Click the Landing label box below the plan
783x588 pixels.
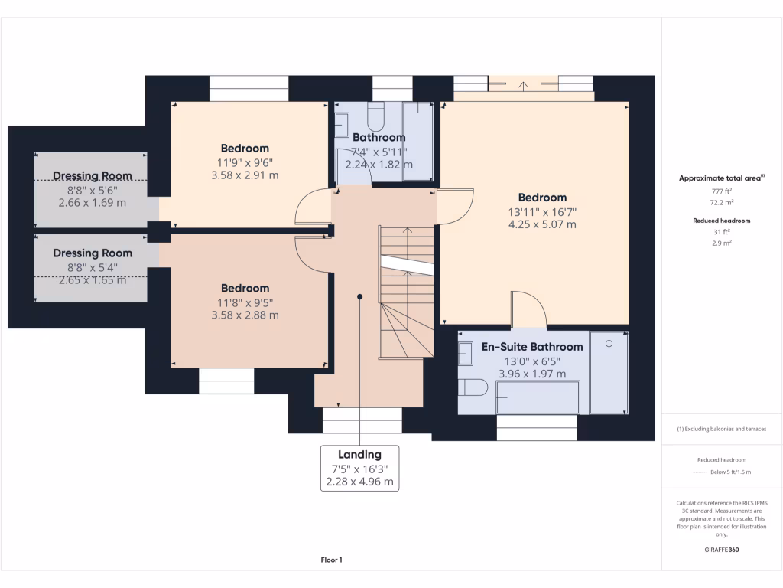tap(359, 467)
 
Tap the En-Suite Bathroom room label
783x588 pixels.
tap(531, 347)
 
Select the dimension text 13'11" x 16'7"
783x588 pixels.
tap(542, 211)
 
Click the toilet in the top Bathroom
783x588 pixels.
tap(376, 117)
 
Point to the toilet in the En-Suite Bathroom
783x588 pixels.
tap(473, 387)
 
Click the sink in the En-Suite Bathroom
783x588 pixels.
tap(466, 354)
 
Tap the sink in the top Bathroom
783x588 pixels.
tap(342, 125)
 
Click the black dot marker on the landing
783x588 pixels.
tap(359, 296)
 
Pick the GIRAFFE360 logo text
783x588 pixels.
tap(722, 550)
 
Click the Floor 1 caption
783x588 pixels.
tap(331, 560)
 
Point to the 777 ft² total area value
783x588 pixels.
tap(722, 190)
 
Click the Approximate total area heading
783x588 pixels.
tap(721, 178)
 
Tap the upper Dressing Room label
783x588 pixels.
tap(93, 176)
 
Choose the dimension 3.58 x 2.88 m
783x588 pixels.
tap(245, 315)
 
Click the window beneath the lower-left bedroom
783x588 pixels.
tap(226, 381)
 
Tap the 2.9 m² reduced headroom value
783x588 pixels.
tap(722, 242)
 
